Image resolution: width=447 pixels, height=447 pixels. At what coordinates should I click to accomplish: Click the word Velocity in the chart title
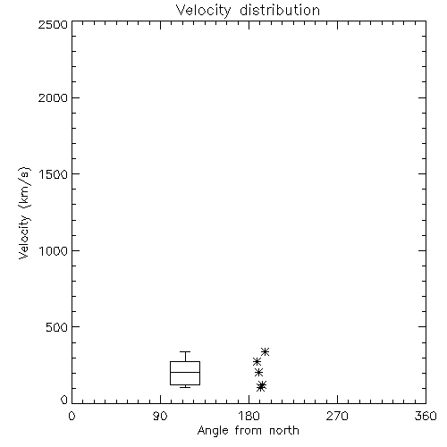click(203, 10)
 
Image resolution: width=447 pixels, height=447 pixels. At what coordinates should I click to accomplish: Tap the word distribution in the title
click(280, 10)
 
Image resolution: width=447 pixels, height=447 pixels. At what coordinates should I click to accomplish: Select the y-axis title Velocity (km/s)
click(24, 213)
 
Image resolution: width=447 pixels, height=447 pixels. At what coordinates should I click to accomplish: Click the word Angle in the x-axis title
click(213, 431)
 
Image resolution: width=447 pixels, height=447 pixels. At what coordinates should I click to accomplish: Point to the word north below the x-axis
click(284, 430)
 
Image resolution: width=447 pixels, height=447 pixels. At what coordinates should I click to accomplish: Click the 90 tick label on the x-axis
click(160, 416)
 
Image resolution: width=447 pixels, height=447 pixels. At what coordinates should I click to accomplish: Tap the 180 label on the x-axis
click(249, 416)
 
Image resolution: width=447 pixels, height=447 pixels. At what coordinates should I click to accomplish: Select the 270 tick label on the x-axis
click(337, 416)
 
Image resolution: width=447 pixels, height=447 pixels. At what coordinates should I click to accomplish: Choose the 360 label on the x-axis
click(426, 416)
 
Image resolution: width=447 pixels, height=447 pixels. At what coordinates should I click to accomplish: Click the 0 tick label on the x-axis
click(72, 416)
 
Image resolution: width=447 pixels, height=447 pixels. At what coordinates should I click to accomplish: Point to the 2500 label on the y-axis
click(53, 24)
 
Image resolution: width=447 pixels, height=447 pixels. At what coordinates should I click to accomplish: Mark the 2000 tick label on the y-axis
click(53, 97)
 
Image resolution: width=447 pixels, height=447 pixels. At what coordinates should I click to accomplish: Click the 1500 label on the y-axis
click(54, 174)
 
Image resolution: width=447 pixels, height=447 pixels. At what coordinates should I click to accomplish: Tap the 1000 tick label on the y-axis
click(54, 250)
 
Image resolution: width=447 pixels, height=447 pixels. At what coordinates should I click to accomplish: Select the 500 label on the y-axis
click(57, 327)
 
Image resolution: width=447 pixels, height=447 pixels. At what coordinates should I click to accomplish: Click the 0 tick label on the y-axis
click(64, 400)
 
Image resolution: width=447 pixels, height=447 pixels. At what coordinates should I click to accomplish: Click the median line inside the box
click(185, 372)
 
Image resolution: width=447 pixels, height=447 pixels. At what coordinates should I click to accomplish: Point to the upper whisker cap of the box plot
click(185, 352)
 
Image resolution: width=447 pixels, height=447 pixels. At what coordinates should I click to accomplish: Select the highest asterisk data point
click(265, 352)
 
